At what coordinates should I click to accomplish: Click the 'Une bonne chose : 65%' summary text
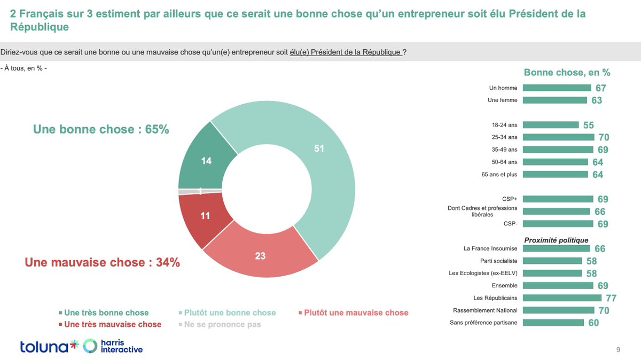point(101,129)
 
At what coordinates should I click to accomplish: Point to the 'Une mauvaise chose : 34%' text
point(103,262)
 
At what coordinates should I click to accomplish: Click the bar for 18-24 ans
point(550,125)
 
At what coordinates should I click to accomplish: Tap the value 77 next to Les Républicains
point(611,298)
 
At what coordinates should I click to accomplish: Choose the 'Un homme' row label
point(503,88)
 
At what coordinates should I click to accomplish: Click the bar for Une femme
point(556,100)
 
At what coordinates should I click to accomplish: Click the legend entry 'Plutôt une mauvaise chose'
point(352,312)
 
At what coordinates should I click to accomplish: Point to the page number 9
point(618,350)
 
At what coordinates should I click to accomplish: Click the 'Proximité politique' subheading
point(556,240)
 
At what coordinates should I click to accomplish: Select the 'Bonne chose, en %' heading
point(567,73)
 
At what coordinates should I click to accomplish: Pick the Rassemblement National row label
point(485,310)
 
